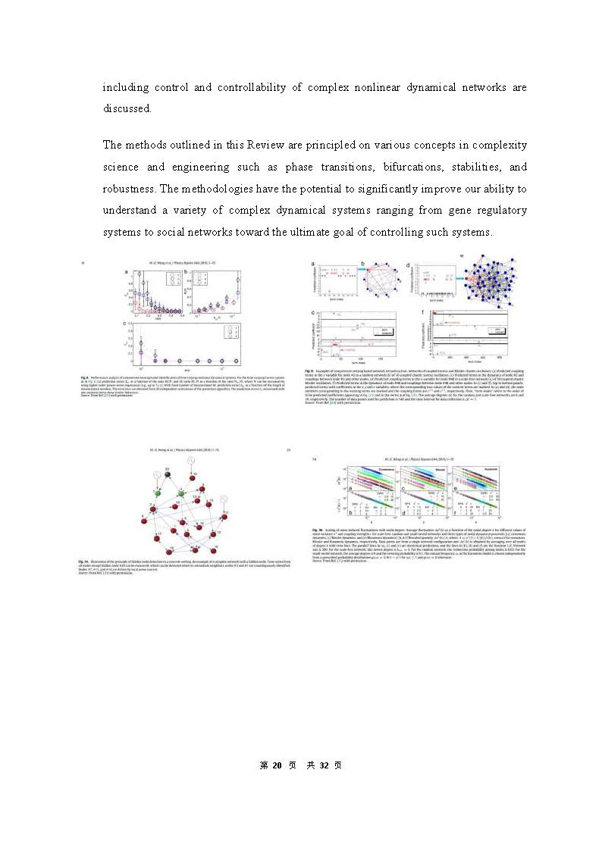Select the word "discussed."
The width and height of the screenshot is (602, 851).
click(127, 108)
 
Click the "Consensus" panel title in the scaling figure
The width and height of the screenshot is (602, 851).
click(369, 469)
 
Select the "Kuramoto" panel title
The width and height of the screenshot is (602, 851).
click(487, 469)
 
